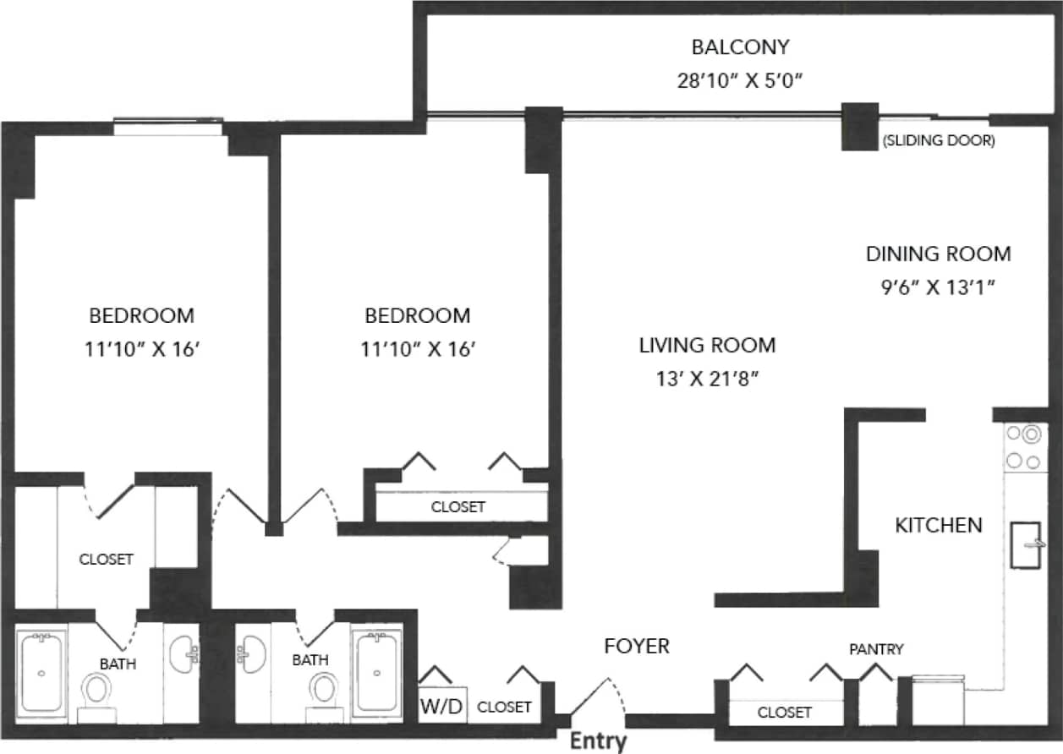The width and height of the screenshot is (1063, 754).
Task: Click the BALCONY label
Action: click(740, 46)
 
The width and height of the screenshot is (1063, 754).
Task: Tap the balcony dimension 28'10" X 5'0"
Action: click(740, 81)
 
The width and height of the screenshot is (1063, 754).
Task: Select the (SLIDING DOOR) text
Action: click(938, 141)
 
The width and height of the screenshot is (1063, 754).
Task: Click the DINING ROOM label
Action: click(938, 254)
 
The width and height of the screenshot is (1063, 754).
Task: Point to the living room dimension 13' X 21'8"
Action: click(707, 379)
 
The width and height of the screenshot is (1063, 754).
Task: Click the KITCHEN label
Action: click(939, 525)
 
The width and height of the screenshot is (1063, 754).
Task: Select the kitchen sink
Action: click(1029, 545)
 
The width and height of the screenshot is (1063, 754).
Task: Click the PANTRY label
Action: click(876, 649)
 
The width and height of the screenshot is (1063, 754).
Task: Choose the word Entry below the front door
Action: click(598, 741)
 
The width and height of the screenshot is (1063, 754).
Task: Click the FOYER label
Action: click(637, 647)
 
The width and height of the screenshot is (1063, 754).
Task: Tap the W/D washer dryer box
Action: click(442, 706)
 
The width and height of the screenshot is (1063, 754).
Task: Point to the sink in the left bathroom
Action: click(184, 654)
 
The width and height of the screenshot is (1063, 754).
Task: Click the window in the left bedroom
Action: click(169, 128)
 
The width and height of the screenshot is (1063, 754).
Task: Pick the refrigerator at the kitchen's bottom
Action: click(938, 698)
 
